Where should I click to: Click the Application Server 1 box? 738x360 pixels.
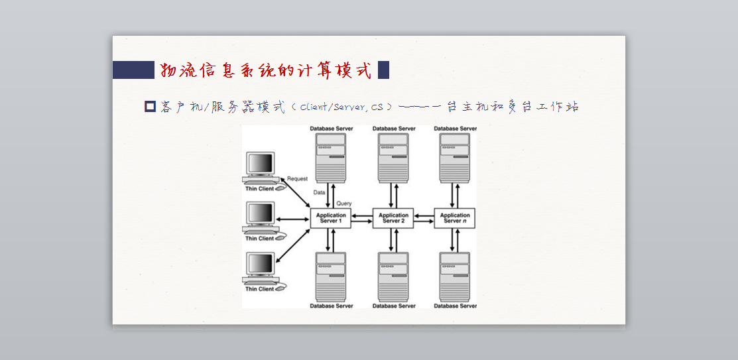click(330, 218)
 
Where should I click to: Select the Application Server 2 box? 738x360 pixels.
click(393, 218)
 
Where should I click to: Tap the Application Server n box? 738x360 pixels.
click(454, 218)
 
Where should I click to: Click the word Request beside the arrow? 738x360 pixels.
click(297, 179)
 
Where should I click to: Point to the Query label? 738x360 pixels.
click(344, 204)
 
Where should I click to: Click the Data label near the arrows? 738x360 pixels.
click(319, 192)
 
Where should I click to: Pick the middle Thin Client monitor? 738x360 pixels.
click(261, 215)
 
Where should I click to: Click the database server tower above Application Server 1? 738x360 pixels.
click(331, 158)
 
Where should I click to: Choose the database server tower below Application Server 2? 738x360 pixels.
click(393, 277)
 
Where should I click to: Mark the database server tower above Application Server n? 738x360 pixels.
click(454, 158)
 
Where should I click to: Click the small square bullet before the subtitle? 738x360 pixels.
click(150, 107)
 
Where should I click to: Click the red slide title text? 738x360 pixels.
click(266, 70)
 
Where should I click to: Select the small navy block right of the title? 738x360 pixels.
click(384, 70)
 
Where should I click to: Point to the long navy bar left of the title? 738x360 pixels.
click(134, 70)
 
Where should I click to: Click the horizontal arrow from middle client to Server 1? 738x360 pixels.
click(293, 219)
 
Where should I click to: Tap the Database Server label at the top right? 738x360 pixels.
click(455, 129)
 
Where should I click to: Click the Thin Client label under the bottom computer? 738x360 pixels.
click(259, 289)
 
